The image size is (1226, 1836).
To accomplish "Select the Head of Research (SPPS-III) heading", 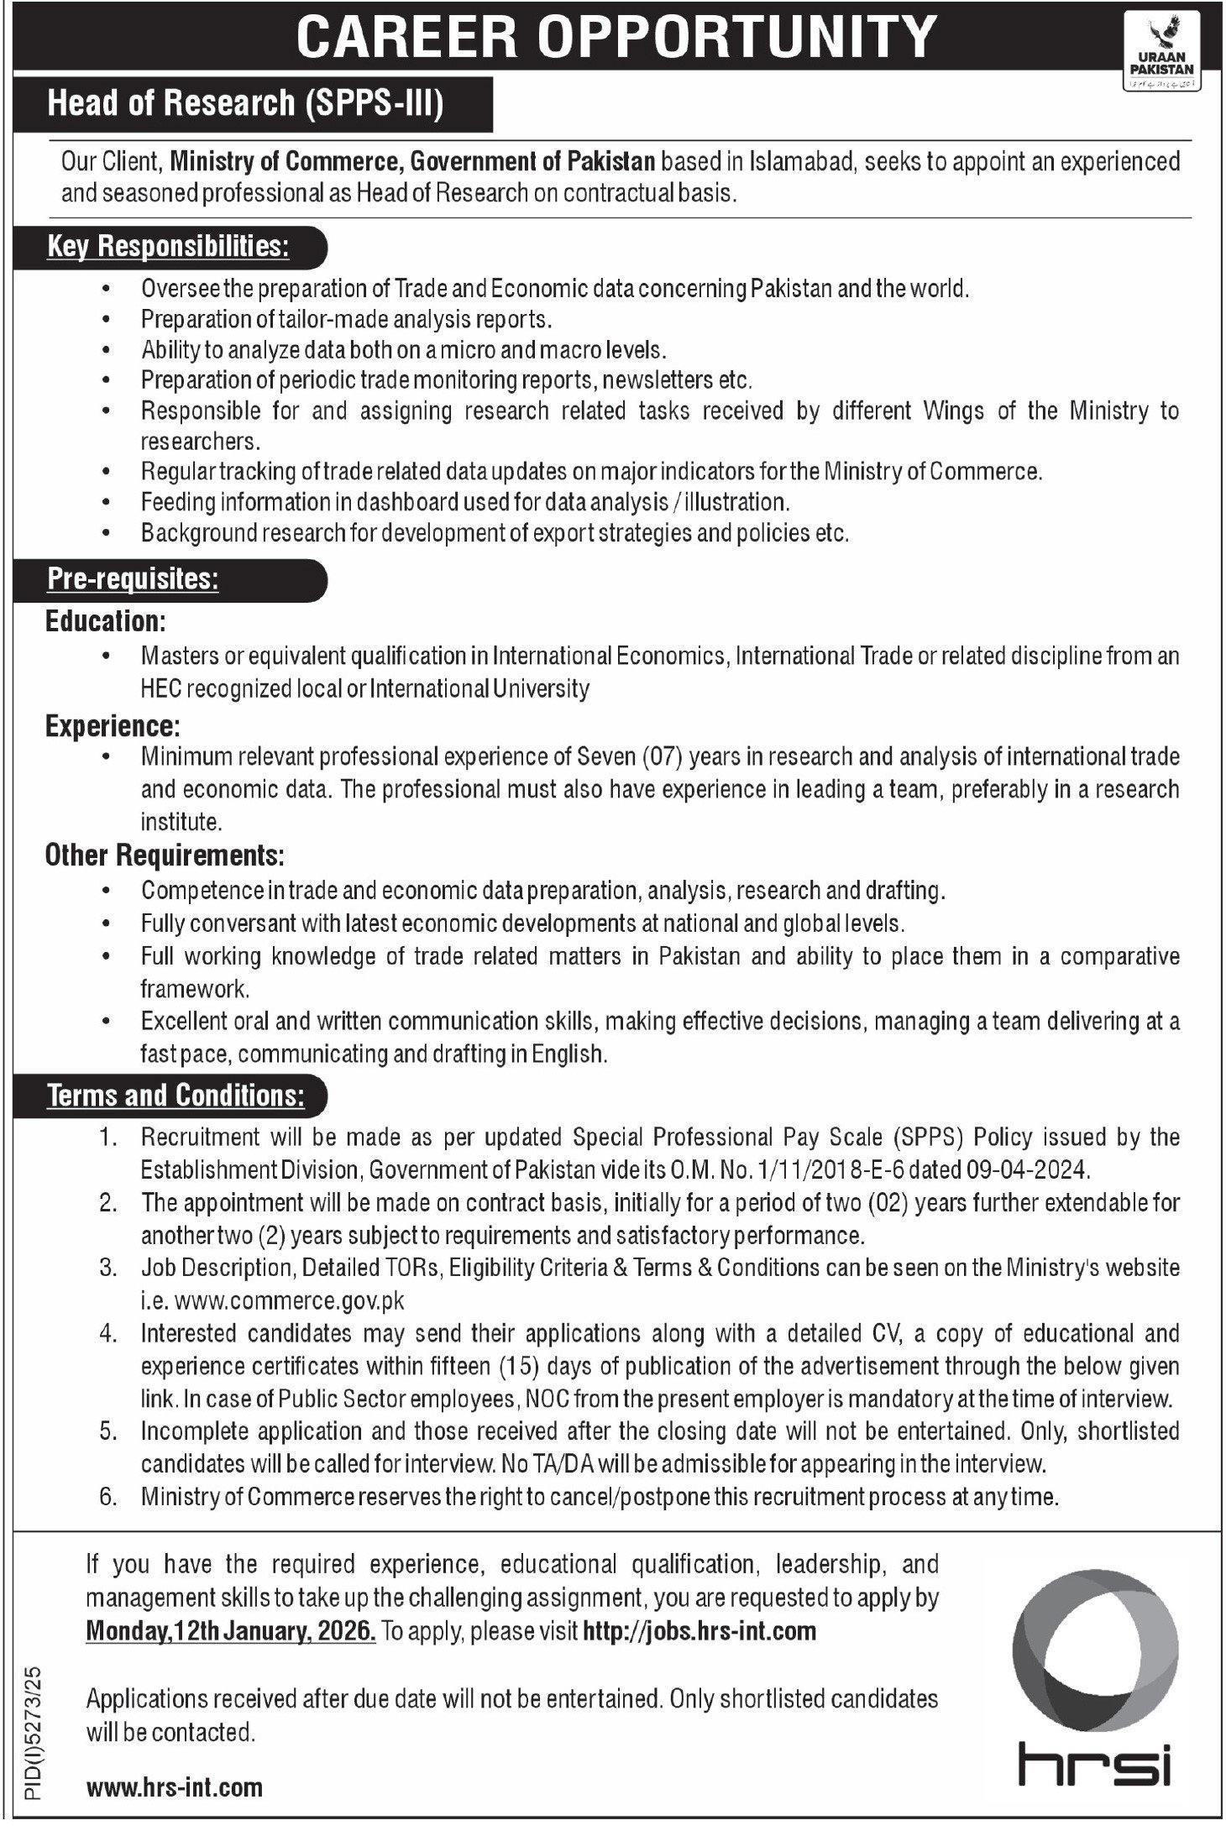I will tap(244, 103).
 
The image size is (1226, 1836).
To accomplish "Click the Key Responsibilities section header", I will tap(168, 246).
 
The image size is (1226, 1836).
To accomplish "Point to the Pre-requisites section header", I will tap(134, 579).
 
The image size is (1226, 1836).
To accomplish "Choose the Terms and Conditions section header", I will tap(176, 1095).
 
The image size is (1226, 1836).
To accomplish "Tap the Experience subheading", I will tap(113, 724).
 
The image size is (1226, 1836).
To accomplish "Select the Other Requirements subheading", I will tap(165, 855).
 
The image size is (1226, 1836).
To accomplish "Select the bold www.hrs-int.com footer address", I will tap(175, 1787).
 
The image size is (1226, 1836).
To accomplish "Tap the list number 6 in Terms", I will tap(107, 1496).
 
